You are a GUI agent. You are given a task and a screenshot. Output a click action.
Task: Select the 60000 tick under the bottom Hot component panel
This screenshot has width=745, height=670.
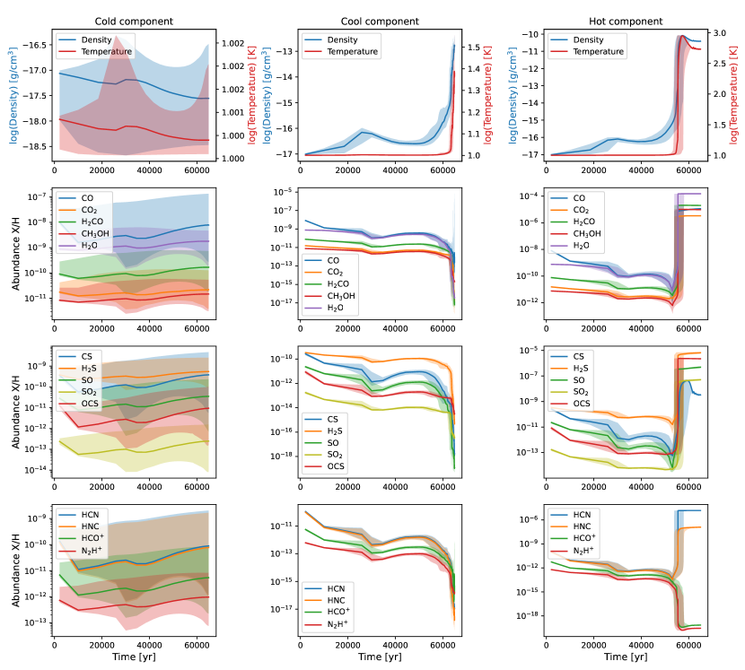click(689, 644)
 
